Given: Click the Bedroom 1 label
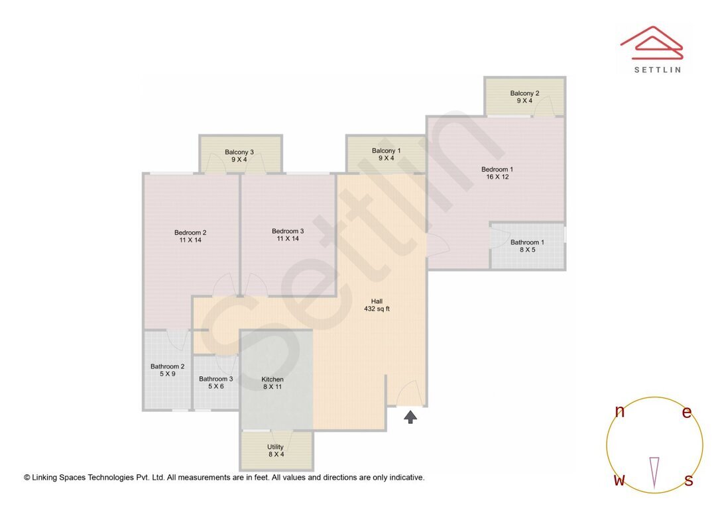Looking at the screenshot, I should (x=497, y=173).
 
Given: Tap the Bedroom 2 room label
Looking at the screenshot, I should (x=190, y=236).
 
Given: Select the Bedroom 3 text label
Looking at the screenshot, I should (x=288, y=235).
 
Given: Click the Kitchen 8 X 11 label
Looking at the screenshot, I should (x=272, y=383).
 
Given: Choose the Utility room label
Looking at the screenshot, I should (x=275, y=450).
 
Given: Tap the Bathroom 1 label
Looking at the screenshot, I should (x=527, y=246).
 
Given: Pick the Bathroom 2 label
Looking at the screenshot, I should (x=167, y=370).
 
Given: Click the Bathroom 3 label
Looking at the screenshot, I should (x=216, y=382).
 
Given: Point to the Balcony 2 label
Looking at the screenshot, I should (x=524, y=97).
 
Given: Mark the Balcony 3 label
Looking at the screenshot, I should (x=239, y=155).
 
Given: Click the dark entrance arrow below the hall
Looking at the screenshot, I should (x=410, y=417).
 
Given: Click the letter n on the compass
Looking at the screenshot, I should (x=620, y=412).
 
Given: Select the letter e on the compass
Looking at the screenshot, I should (x=687, y=412).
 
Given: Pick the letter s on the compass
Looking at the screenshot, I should (x=688, y=480).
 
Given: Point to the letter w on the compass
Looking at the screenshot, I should (x=619, y=480).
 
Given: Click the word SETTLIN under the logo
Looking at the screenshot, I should (x=657, y=69).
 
